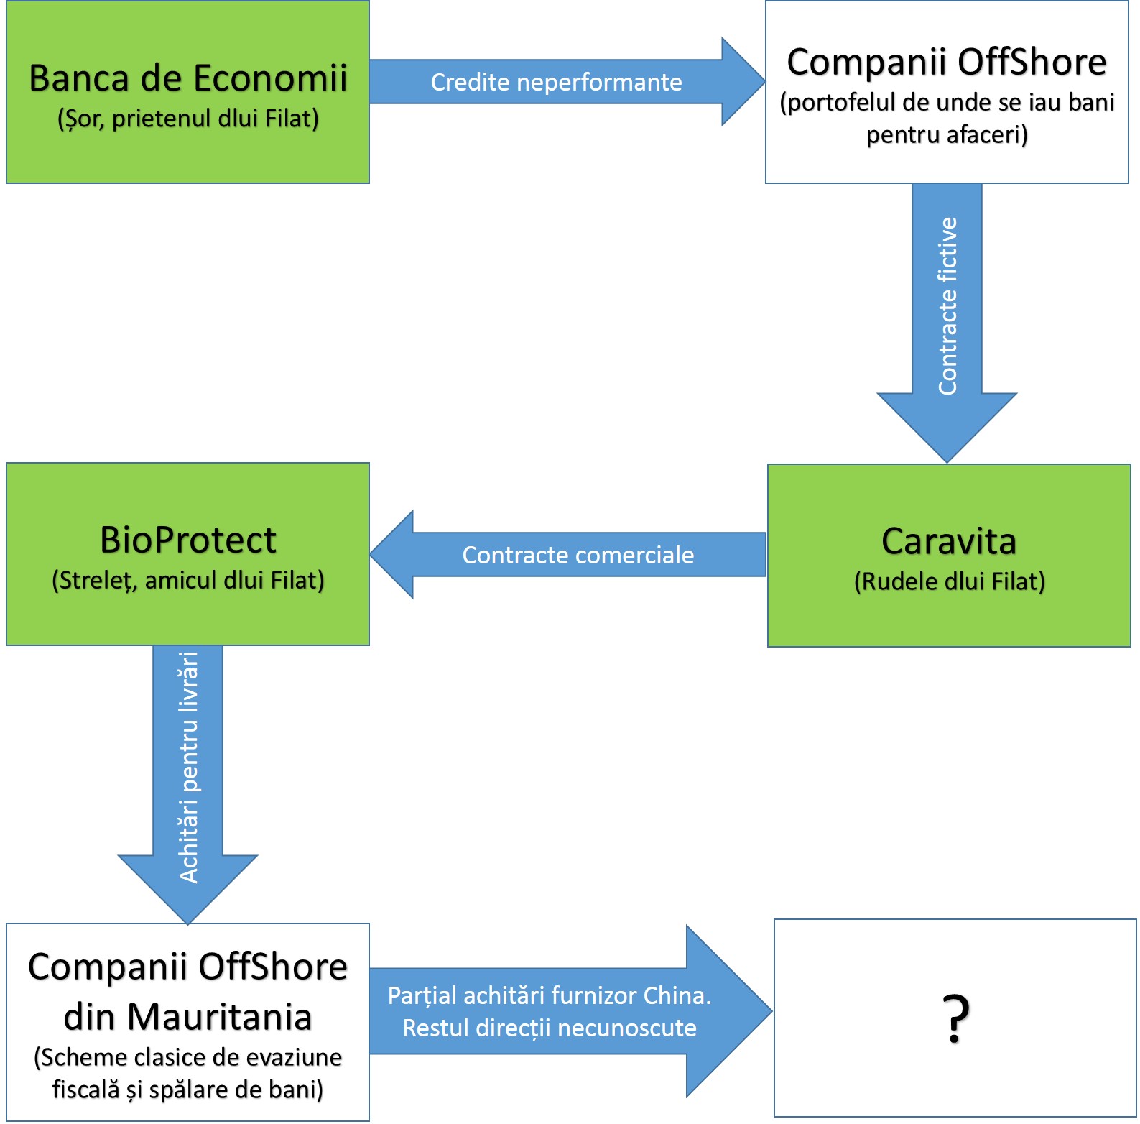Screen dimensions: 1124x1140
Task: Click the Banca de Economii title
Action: tap(188, 78)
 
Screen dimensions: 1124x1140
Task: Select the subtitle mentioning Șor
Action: tap(188, 119)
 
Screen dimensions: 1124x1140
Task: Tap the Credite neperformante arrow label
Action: tap(556, 82)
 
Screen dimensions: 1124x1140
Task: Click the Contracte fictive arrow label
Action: tap(947, 305)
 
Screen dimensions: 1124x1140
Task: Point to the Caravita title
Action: tap(949, 541)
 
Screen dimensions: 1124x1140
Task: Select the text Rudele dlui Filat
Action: tap(949, 581)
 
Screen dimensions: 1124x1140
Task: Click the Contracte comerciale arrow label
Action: tap(578, 555)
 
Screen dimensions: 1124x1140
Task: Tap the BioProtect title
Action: tap(188, 540)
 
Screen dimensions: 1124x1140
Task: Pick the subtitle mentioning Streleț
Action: tap(188, 580)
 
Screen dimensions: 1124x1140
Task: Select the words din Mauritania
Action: tap(188, 1017)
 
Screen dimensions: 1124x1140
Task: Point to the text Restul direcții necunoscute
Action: tap(549, 1028)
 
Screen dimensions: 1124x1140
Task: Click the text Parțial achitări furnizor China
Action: tap(549, 995)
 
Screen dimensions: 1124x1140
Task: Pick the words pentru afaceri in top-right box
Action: tap(947, 134)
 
